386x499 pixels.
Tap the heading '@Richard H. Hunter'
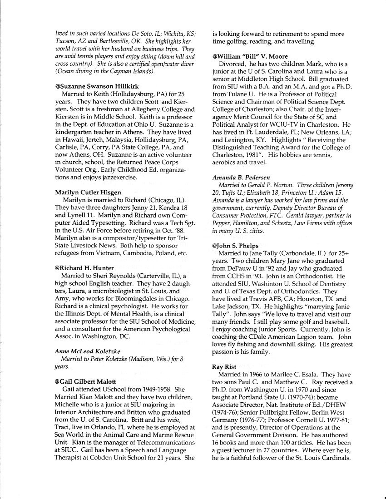click(84, 268)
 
